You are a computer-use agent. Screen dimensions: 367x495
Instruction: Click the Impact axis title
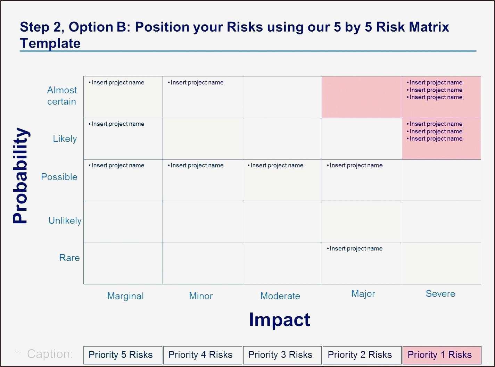pos(279,319)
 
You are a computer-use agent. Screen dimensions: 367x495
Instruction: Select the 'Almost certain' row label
pos(62,96)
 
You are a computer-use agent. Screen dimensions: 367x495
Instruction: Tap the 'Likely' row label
pos(65,139)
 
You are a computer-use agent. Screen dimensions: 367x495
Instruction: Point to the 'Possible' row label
pos(59,177)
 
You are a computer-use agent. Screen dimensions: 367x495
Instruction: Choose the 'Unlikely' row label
pos(65,220)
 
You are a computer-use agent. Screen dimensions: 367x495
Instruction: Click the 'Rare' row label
pos(69,258)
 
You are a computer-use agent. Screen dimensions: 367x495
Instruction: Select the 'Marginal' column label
pos(125,296)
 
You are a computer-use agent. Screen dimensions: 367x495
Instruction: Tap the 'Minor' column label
pos(201,296)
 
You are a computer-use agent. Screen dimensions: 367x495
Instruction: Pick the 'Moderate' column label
pos(280,296)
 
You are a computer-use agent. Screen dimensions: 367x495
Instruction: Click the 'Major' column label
pos(363,294)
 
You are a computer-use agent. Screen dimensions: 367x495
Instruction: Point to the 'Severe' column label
pos(440,294)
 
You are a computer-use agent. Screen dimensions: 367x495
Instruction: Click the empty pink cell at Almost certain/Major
pos(362,97)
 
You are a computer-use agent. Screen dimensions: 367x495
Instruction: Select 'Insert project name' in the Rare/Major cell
pos(356,249)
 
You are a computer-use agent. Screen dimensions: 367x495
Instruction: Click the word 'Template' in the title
pos(50,43)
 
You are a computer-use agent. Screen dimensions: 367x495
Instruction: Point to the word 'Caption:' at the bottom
pos(50,354)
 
